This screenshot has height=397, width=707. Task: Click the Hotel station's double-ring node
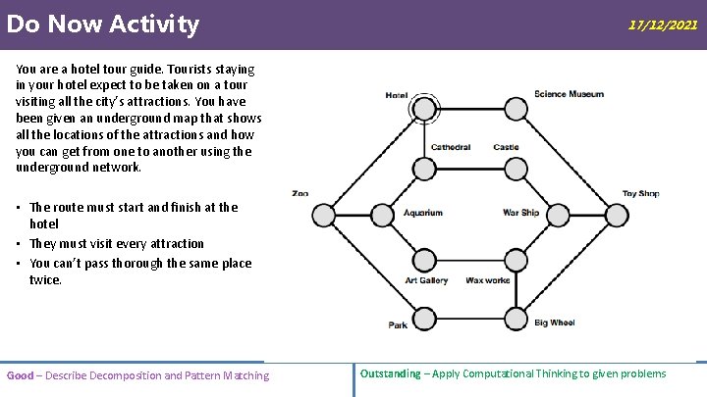tap(425, 108)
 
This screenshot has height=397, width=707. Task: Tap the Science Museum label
tap(569, 94)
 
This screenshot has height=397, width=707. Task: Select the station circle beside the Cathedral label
tap(424, 169)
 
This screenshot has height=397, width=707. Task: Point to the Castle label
tap(506, 148)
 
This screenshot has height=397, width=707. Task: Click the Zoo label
tap(299, 194)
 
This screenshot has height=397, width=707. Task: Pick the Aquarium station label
tap(423, 213)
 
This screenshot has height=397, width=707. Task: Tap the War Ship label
tap(520, 213)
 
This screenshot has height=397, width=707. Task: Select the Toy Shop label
tap(640, 194)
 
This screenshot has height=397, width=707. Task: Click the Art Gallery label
tap(426, 280)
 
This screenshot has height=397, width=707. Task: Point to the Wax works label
tap(488, 280)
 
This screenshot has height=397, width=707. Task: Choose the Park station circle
tap(424, 318)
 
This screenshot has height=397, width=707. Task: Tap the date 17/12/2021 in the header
tap(663, 25)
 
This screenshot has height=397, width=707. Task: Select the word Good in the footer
tap(20, 375)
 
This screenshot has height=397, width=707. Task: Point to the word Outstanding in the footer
tap(390, 373)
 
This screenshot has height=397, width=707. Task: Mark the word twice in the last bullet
tap(45, 280)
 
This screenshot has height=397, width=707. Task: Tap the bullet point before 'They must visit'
tap(20, 244)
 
